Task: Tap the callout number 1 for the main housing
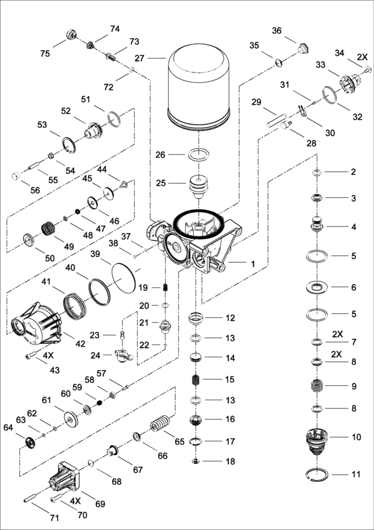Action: [253, 264]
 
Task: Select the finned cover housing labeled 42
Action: [36, 324]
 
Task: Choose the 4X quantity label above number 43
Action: [48, 355]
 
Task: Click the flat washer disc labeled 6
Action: [318, 288]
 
